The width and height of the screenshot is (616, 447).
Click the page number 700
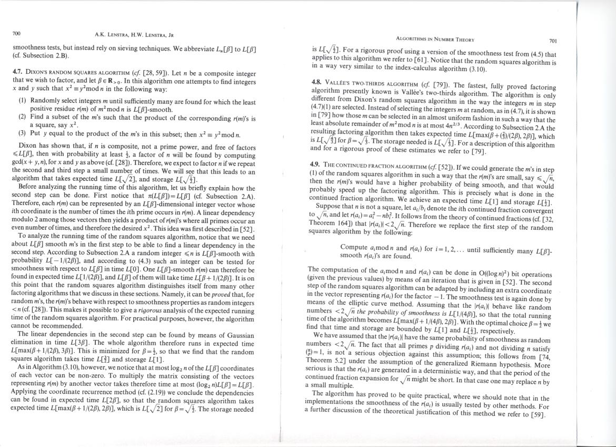16,34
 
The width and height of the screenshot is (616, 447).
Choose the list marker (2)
23,116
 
